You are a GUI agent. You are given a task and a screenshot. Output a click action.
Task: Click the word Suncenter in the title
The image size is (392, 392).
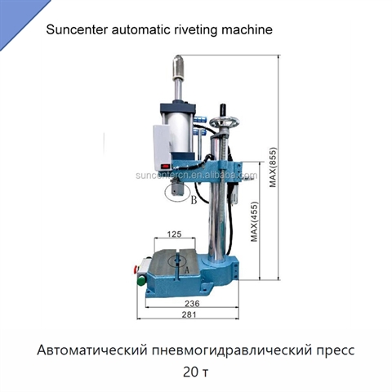pos(77,29)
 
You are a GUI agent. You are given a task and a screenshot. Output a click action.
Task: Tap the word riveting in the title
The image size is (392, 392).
pos(195,30)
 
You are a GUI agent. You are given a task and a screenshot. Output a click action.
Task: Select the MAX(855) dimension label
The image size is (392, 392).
pos(273,167)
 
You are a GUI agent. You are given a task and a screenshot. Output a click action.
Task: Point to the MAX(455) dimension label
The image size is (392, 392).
pos(254,221)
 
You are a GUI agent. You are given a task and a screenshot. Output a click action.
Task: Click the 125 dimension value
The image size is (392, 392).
pos(174,234)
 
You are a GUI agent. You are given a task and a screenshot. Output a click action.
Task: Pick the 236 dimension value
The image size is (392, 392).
pos(192,303)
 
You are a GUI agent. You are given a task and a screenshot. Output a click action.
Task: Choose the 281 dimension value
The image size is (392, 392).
pos(189,314)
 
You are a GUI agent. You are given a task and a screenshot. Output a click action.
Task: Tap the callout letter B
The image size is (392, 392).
pos(194,200)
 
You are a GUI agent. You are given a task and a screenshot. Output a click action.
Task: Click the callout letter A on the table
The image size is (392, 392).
pos(187,270)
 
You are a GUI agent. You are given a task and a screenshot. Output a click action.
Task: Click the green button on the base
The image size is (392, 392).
pos(141,280)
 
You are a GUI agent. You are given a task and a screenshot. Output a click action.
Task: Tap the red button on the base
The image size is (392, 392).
pos(135,269)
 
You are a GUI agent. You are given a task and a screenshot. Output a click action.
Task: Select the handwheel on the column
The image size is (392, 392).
pos(225,122)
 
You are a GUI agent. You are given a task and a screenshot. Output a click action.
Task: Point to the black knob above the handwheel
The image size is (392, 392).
pos(224,109)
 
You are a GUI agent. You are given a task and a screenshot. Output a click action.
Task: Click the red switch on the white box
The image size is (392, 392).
pos(165,166)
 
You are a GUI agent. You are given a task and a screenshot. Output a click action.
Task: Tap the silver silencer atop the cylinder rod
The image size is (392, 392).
pos(178,66)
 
